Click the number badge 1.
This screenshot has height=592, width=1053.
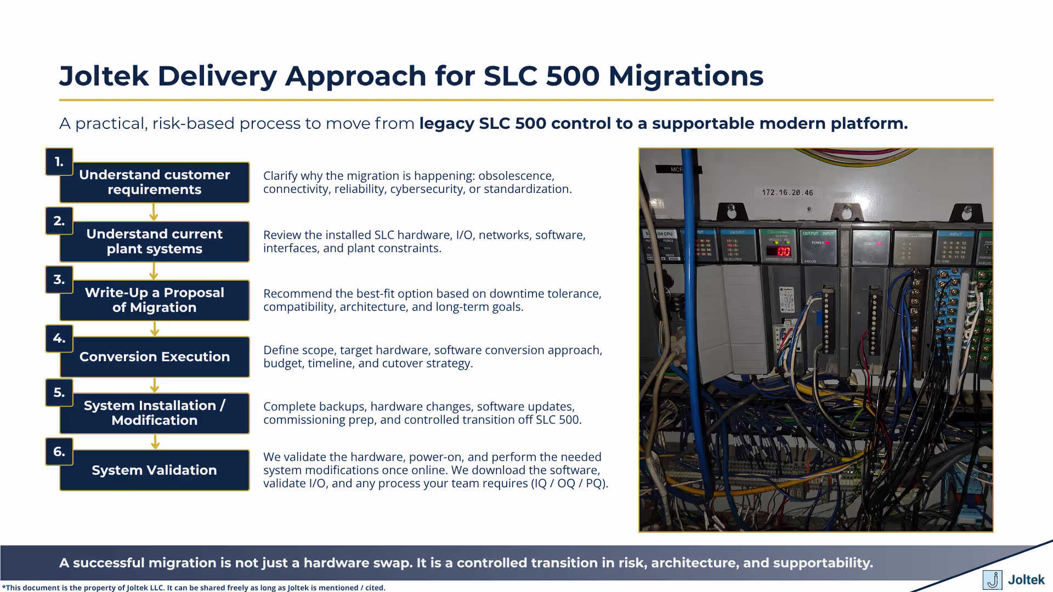point(59,162)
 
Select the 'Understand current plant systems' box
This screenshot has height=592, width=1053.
point(154,242)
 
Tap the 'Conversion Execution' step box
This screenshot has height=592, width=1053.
point(154,357)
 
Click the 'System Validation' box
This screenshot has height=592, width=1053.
point(154,470)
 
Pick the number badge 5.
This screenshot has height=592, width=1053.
point(59,392)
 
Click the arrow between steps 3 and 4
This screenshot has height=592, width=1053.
point(155,329)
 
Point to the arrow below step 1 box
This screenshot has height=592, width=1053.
point(154,212)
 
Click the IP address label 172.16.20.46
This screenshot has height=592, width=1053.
point(787,192)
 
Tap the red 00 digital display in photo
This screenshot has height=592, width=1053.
point(783,252)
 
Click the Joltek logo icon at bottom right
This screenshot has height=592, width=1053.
point(992,580)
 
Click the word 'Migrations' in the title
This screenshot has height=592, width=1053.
point(686,76)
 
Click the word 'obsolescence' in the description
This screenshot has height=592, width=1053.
point(516,176)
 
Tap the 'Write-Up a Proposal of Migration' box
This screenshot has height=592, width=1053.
point(154,300)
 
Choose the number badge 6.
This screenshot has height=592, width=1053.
point(59,452)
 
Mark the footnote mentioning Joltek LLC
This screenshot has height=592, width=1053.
point(193,588)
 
